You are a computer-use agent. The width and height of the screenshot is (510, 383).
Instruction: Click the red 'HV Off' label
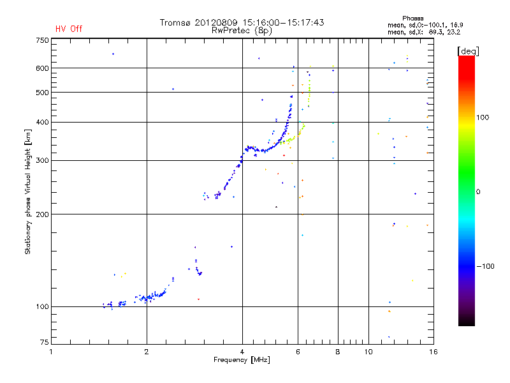[69, 29]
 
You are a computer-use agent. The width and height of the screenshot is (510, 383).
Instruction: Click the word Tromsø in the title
[175, 22]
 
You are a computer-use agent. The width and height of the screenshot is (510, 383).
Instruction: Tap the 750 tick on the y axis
[42, 40]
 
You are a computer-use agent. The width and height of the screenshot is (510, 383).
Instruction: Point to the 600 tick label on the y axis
[42, 68]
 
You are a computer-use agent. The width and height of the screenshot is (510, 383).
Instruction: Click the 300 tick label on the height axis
[42, 160]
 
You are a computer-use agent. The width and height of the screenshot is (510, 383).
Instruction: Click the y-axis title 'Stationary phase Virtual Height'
[28, 192]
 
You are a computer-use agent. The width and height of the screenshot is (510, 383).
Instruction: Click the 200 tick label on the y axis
[42, 214]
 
